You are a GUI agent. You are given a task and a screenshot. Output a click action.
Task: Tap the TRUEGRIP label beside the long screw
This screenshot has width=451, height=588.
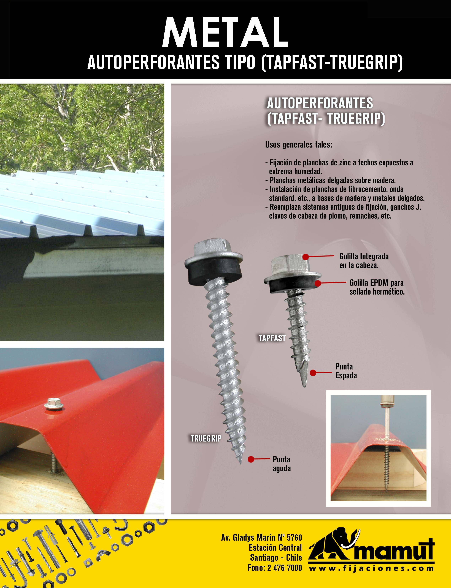(x=206, y=439)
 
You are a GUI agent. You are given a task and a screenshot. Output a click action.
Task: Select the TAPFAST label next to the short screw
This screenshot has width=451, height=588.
(x=272, y=338)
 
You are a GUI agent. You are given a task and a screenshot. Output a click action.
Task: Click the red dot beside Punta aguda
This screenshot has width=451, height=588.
(x=251, y=459)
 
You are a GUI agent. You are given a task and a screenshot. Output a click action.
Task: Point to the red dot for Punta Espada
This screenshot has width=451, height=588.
(x=313, y=373)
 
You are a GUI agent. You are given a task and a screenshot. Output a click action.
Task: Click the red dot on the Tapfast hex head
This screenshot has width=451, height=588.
(x=306, y=257)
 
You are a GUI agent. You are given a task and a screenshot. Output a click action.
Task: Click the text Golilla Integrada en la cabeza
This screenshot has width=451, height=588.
(x=364, y=261)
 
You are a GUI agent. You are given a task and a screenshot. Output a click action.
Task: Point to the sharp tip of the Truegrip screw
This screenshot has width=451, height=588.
(x=241, y=463)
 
